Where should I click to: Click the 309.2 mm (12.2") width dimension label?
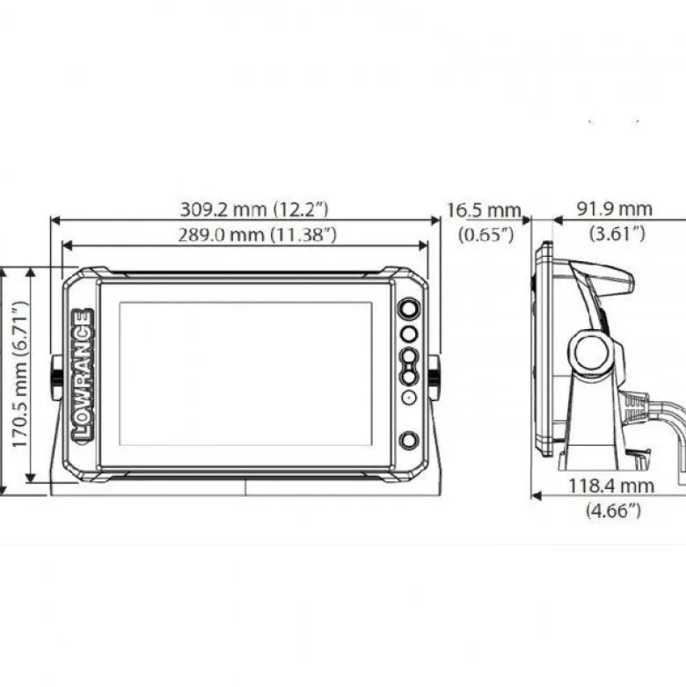254,209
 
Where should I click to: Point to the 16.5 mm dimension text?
484,210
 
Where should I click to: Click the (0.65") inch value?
485,235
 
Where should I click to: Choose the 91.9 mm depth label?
615,208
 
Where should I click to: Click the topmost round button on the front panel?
409,308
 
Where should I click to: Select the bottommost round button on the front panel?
408,441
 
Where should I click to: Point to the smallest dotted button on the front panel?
409,398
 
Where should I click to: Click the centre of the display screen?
246,373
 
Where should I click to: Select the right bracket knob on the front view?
434,372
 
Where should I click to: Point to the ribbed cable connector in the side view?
636,406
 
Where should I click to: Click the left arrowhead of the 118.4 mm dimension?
535,495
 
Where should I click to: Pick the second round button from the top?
409,334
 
